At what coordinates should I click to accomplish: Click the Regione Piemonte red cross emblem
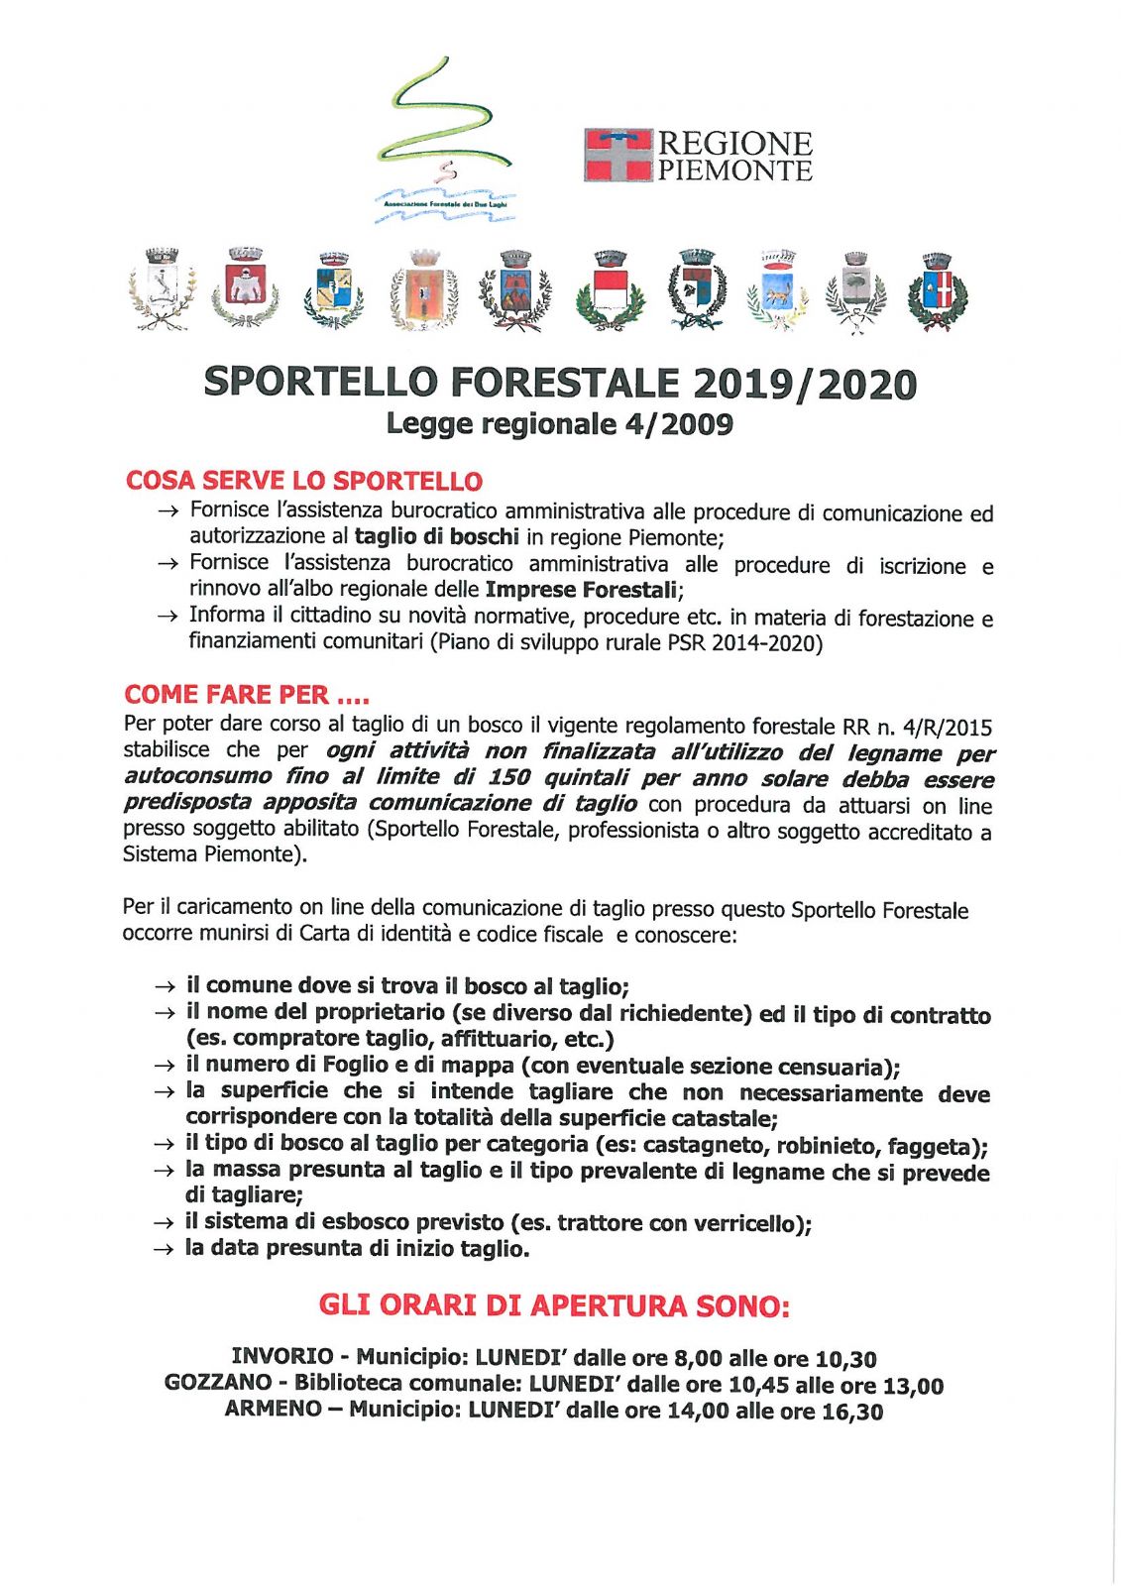pyautogui.click(x=617, y=155)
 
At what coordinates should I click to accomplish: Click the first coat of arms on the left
pyautogui.click(x=162, y=288)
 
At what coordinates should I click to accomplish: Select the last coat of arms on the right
pyautogui.click(x=937, y=290)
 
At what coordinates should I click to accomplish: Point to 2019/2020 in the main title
pyautogui.click(x=805, y=384)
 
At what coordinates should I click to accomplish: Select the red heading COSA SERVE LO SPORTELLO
pyautogui.click(x=303, y=481)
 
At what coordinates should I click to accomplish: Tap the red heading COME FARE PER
pyautogui.click(x=246, y=694)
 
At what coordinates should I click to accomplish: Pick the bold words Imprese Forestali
pyautogui.click(x=581, y=590)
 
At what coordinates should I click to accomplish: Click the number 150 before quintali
pyautogui.click(x=508, y=777)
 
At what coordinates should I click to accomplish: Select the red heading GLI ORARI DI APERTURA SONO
pyautogui.click(x=554, y=1305)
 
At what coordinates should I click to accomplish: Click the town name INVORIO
pyautogui.click(x=281, y=1356)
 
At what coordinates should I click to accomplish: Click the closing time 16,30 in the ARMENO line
pyautogui.click(x=851, y=1411)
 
